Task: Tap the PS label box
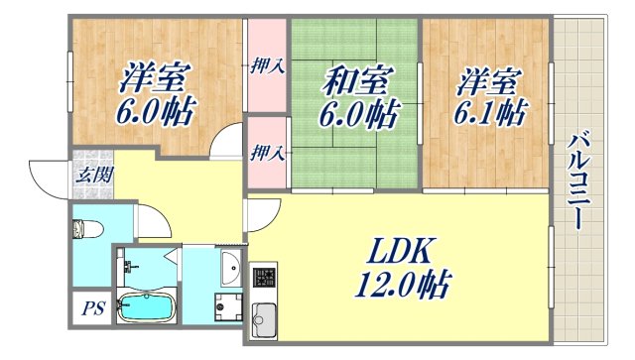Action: click(90, 307)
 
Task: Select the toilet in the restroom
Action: click(82, 230)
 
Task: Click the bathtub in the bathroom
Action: click(145, 305)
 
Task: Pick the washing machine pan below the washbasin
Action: click(226, 306)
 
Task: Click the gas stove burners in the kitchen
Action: click(264, 278)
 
